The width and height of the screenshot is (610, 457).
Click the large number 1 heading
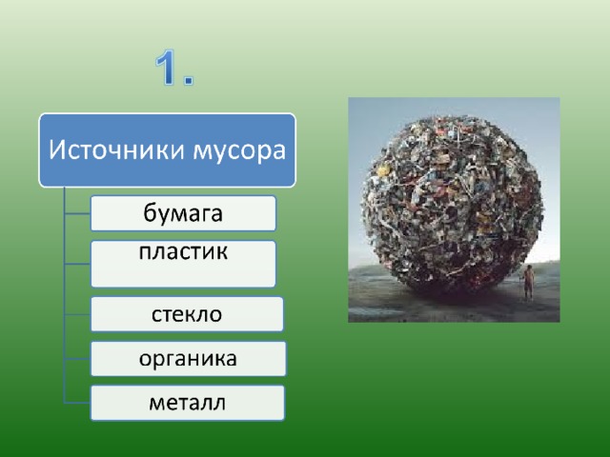tap(173, 68)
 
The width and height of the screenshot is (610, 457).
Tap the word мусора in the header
tap(239, 151)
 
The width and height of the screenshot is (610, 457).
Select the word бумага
tap(183, 213)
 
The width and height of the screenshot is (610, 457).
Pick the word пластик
tap(183, 251)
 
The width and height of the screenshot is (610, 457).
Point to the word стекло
tap(187, 314)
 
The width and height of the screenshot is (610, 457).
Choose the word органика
tap(188, 359)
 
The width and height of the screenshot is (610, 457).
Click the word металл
tap(187, 403)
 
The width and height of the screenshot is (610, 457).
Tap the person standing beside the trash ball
tap(527, 282)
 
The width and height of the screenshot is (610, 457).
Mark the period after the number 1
tap(189, 80)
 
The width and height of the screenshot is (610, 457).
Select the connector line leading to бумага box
tap(77, 213)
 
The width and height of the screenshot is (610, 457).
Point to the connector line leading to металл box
tap(77, 403)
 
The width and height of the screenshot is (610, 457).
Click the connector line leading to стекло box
tap(77, 314)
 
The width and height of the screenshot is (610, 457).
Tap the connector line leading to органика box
tap(77, 359)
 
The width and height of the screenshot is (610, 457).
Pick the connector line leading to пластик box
tap(77, 264)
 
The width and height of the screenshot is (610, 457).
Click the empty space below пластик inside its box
tap(183, 274)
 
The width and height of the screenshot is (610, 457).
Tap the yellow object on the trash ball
tap(383, 170)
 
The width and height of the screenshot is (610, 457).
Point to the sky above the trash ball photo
tap(454, 107)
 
